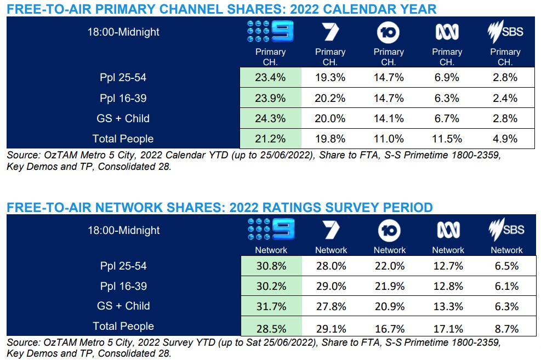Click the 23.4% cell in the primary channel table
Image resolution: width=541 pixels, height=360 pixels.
tap(270, 77)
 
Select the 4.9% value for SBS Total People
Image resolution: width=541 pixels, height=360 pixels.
tap(504, 139)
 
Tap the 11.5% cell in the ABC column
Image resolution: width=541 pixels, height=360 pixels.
tap(447, 139)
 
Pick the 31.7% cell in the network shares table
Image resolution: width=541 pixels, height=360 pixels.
tap(270, 306)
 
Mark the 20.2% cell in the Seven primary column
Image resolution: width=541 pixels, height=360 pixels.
tap(331, 98)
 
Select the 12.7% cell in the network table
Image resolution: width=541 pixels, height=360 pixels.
tap(447, 266)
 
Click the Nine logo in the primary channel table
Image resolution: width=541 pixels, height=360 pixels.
tap(270, 32)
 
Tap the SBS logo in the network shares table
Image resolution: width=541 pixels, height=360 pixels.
tap(505, 230)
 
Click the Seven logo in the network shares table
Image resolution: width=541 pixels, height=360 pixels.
tap(331, 230)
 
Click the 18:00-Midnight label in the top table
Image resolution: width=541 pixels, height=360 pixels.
tap(123, 32)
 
